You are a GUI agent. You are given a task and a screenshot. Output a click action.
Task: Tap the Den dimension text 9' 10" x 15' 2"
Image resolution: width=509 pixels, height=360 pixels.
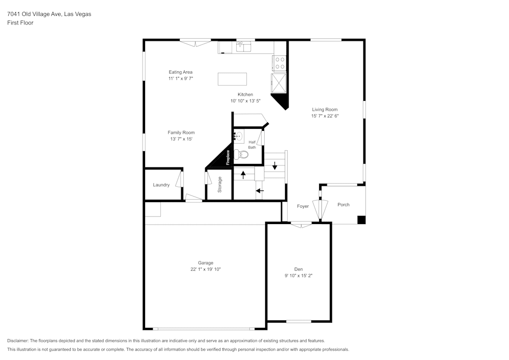(x=299, y=275)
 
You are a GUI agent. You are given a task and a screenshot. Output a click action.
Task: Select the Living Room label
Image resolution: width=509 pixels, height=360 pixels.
(x=325, y=109)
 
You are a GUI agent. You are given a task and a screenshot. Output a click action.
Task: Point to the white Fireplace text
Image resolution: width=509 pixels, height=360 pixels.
(x=229, y=157)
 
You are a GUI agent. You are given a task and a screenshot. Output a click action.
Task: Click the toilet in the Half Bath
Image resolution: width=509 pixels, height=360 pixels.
(x=244, y=154)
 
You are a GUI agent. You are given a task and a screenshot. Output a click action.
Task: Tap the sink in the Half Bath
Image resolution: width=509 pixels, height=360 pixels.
(x=238, y=136)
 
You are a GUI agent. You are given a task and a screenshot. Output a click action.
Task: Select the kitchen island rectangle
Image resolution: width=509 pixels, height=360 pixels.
(x=232, y=79)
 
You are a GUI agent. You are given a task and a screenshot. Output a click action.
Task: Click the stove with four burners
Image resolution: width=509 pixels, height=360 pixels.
(x=280, y=63)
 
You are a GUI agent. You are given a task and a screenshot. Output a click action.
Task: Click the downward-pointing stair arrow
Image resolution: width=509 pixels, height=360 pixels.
(x=275, y=166)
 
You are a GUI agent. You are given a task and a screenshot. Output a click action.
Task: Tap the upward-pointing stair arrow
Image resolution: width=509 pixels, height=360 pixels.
(x=243, y=175)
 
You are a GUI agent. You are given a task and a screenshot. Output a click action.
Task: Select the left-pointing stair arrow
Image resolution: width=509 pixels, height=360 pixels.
(x=260, y=191)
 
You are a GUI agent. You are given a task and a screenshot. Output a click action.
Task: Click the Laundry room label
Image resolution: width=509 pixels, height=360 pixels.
(x=161, y=185)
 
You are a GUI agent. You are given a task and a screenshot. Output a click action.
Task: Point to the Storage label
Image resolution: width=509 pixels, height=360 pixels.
(x=220, y=184)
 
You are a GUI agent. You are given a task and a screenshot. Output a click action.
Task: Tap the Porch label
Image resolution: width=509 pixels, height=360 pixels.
(x=344, y=205)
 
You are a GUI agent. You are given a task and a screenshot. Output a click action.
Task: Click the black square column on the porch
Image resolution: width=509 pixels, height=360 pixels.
(x=361, y=220)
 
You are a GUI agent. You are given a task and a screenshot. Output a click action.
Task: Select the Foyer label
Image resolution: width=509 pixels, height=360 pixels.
(x=303, y=206)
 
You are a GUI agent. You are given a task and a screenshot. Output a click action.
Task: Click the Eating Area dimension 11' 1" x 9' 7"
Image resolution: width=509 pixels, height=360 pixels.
(x=181, y=79)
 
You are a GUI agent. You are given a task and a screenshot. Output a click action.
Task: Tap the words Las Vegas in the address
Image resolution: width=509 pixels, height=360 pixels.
(x=77, y=14)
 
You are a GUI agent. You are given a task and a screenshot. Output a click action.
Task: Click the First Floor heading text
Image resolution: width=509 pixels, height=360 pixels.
(x=20, y=23)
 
